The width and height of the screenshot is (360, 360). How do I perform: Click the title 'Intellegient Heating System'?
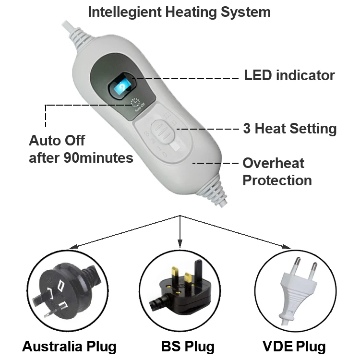coord(179,12)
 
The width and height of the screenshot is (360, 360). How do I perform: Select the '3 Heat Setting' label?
coord(289,129)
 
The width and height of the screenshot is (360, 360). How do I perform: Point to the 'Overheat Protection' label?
coord(277,172)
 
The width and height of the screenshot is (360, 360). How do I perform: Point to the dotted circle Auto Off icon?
coord(136,102)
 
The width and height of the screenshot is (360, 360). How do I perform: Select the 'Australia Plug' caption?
coord(69,347)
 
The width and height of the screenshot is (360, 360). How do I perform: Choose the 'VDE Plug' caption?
coord(294,347)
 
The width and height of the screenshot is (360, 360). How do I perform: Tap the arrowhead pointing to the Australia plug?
coord(72,247)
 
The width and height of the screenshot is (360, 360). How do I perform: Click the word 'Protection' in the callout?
coord(277,181)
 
